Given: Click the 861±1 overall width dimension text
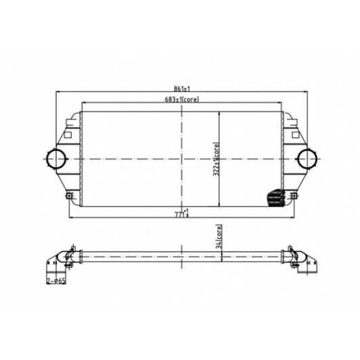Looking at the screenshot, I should coord(179,88).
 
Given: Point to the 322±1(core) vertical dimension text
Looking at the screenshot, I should coord(217,158).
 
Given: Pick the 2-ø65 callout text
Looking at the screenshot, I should coord(56,278).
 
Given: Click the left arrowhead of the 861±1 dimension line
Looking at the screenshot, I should coord(57,92).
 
